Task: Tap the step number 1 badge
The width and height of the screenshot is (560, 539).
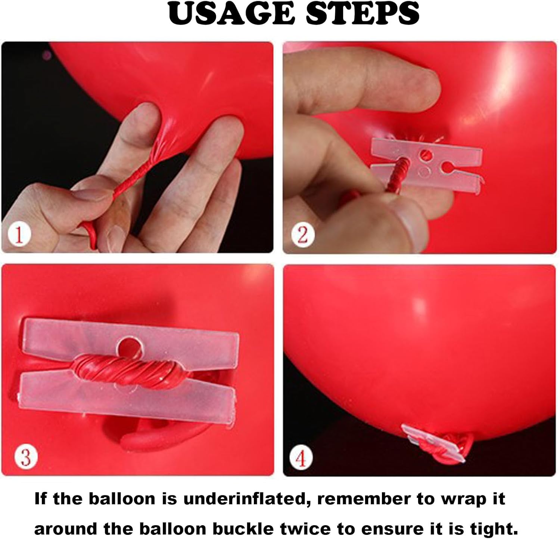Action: point(19,235)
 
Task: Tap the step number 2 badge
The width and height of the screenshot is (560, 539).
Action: point(302,235)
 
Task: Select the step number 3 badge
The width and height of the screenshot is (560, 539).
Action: point(26,457)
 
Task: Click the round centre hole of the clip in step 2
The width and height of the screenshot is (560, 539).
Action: point(425,154)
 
